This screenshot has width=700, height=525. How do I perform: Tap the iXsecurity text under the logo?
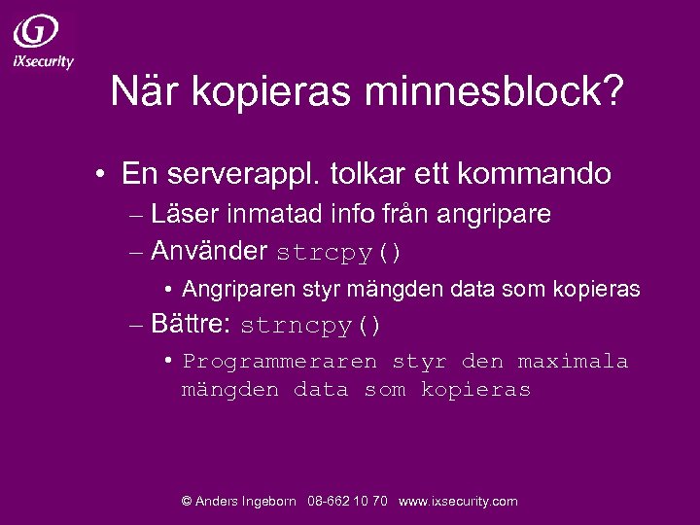click(x=43, y=60)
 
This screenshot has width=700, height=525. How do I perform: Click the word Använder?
click(x=209, y=251)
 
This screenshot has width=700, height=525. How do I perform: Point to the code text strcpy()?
click(x=338, y=253)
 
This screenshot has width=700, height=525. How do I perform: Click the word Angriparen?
click(x=233, y=289)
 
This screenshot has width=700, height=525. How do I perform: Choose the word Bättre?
click(x=191, y=325)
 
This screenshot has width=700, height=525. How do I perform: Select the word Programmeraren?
click(x=280, y=362)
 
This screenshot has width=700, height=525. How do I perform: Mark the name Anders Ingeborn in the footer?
click(x=246, y=502)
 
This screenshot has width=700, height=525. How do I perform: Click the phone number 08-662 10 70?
click(x=347, y=502)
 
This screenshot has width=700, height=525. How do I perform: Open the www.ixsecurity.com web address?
click(x=458, y=502)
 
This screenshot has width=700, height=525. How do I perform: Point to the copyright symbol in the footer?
click(x=187, y=502)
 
